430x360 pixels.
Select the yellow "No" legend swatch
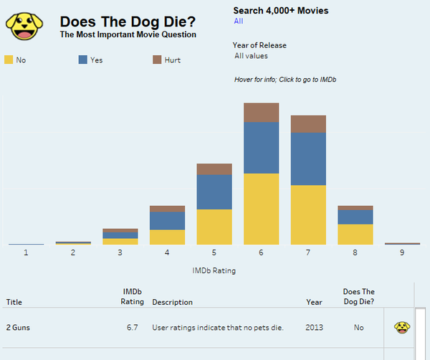[9, 60]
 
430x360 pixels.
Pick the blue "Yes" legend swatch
[82, 60]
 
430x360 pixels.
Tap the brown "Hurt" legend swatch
[157, 60]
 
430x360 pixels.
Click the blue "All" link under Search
[238, 22]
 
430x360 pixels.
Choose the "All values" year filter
[251, 56]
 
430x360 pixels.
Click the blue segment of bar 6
[262, 147]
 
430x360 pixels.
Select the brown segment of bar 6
[262, 112]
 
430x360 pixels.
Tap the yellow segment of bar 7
[308, 214]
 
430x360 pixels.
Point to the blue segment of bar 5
[214, 191]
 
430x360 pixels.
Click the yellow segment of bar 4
[168, 237]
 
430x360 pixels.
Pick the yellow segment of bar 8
[355, 234]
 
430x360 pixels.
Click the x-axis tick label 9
[402, 252]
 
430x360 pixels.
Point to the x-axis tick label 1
[26, 252]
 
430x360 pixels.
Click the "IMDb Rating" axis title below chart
[214, 270]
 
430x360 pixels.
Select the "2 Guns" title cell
[18, 328]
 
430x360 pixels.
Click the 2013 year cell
[314, 328]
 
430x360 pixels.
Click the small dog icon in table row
[402, 328]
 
